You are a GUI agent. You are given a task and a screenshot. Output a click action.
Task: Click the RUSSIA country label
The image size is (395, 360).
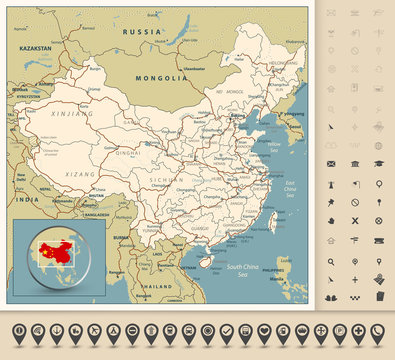(x=141, y=31)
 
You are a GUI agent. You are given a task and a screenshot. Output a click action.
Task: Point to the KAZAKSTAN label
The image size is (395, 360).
(x=35, y=48)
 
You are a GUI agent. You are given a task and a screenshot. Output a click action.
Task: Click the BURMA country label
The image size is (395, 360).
(x=121, y=237)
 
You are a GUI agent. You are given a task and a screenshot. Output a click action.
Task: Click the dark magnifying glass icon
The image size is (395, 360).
(x=331, y=262)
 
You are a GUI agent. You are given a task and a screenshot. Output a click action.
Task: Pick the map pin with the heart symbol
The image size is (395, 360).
(x=263, y=331)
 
